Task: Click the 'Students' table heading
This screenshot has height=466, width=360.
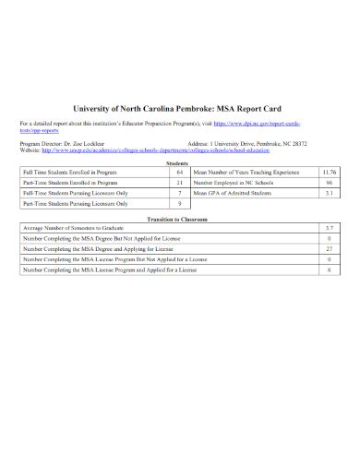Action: point(178,163)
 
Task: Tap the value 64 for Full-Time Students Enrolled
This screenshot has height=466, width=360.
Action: point(180,173)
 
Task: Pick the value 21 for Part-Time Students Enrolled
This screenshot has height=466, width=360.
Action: point(180,184)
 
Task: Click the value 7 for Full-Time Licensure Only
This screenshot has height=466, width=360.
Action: point(180,194)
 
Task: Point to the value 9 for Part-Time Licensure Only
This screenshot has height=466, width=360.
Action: point(180,205)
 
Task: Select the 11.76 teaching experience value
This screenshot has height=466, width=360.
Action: point(329,173)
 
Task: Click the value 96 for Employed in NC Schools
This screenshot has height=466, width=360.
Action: point(329,184)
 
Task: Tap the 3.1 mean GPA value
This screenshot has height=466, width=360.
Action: point(329,194)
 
